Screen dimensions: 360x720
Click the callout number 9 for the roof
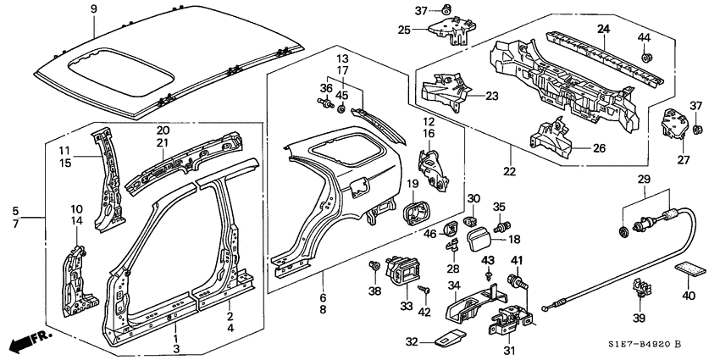pos(94,9)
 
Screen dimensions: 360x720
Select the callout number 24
pos(603,29)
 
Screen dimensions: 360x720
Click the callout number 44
pos(645,38)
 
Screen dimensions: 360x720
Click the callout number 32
pos(412,343)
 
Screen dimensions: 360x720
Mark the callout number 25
pos(404,30)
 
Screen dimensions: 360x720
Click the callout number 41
pos(516,260)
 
